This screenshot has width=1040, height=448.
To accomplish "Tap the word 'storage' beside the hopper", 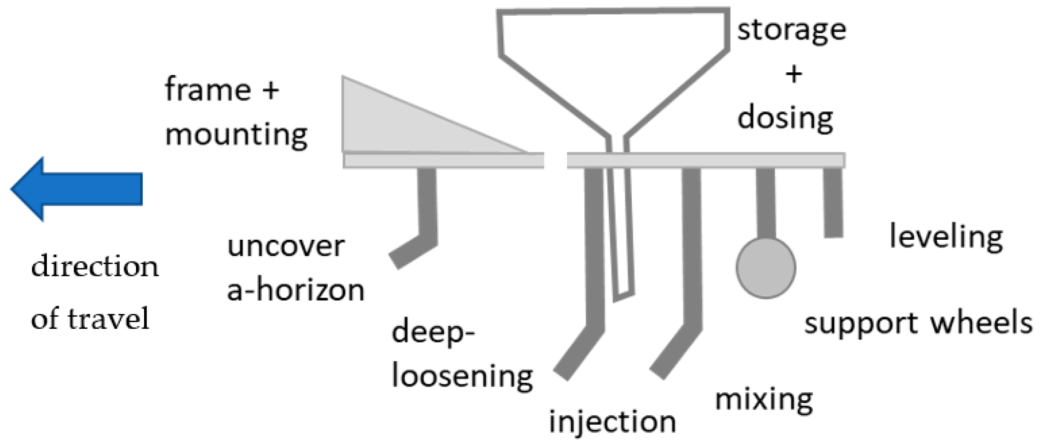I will tap(792, 31).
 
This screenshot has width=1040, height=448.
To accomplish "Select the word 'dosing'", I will tap(785, 118).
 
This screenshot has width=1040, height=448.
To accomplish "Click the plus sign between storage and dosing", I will tap(793, 75).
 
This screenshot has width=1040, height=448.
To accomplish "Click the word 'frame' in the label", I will tap(208, 90).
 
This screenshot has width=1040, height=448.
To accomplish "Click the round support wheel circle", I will tap(766, 268).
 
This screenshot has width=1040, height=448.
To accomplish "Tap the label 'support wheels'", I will tap(918, 323).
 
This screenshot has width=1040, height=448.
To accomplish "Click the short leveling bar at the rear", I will tap(833, 203).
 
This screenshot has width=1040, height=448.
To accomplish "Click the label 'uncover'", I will tap(286, 246).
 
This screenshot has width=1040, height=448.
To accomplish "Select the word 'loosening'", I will tap(462, 376).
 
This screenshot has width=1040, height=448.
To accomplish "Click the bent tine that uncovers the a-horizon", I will tap(426, 213).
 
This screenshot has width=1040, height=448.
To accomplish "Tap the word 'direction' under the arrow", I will tap(95, 267).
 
